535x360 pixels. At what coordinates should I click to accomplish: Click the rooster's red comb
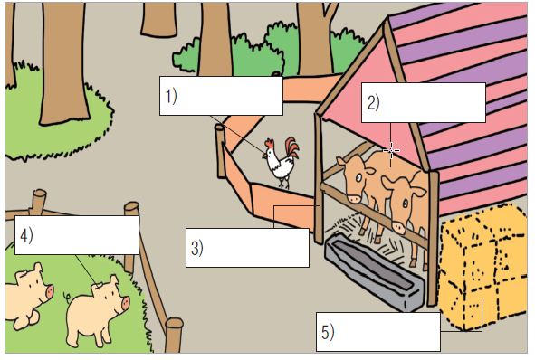270,143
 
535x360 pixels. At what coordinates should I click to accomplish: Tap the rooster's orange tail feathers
292,148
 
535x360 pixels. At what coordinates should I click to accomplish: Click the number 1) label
171,96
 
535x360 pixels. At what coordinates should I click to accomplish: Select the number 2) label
373,102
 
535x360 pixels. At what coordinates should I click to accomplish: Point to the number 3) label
196,248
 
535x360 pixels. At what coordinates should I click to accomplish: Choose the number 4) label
26,235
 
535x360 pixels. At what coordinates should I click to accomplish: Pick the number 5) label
328,331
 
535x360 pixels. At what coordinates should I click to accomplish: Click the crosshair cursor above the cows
391,150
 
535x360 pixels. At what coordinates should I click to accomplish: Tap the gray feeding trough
375,270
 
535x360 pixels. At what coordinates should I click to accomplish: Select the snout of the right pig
125,303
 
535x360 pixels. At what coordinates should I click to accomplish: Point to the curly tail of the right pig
67,296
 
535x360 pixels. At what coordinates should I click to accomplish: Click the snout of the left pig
50,291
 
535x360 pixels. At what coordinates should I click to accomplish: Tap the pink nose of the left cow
353,198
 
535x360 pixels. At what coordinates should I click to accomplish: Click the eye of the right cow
405,204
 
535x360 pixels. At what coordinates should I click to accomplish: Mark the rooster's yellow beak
264,156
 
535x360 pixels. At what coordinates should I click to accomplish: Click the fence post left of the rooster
220,151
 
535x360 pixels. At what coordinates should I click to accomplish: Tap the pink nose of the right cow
399,226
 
